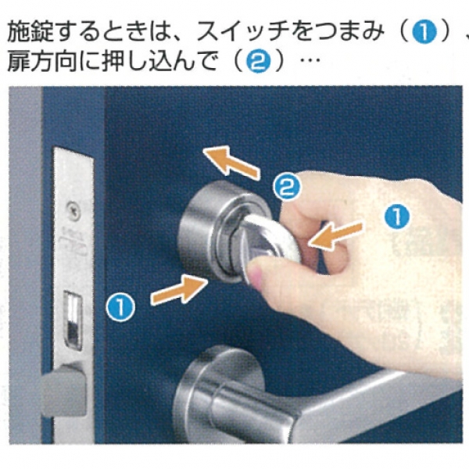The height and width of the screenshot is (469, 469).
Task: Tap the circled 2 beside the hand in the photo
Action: [x=287, y=187]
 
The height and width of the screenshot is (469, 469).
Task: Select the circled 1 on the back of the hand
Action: [x=397, y=217]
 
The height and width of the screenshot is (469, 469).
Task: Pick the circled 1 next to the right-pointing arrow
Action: [x=120, y=307]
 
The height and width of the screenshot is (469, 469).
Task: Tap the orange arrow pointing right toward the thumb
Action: [x=179, y=289]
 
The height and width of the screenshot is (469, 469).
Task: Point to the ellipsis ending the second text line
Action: [x=310, y=60]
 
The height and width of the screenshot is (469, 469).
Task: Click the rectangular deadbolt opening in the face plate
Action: [x=73, y=320]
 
